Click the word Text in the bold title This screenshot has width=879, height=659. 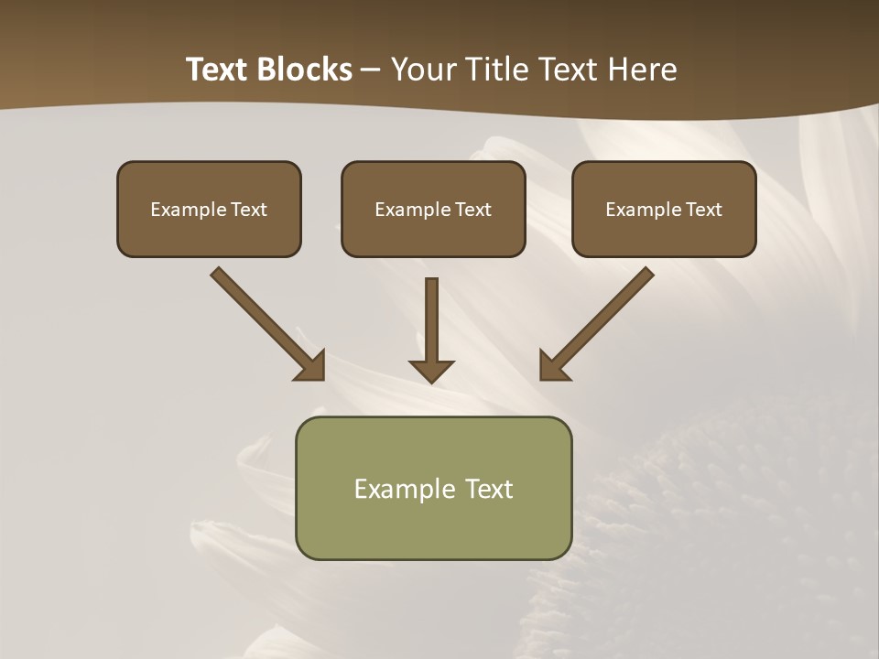tap(220, 70)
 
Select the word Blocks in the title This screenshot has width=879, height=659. tap(304, 70)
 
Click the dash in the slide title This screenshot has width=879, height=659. tap(371, 70)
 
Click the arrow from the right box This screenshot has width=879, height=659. tap(600, 320)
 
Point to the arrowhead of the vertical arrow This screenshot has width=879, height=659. tap(431, 371)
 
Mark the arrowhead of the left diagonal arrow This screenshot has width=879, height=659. tap(313, 367)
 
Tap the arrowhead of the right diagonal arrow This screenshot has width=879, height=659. tap(551, 367)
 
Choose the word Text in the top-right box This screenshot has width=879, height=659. tap(703, 210)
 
